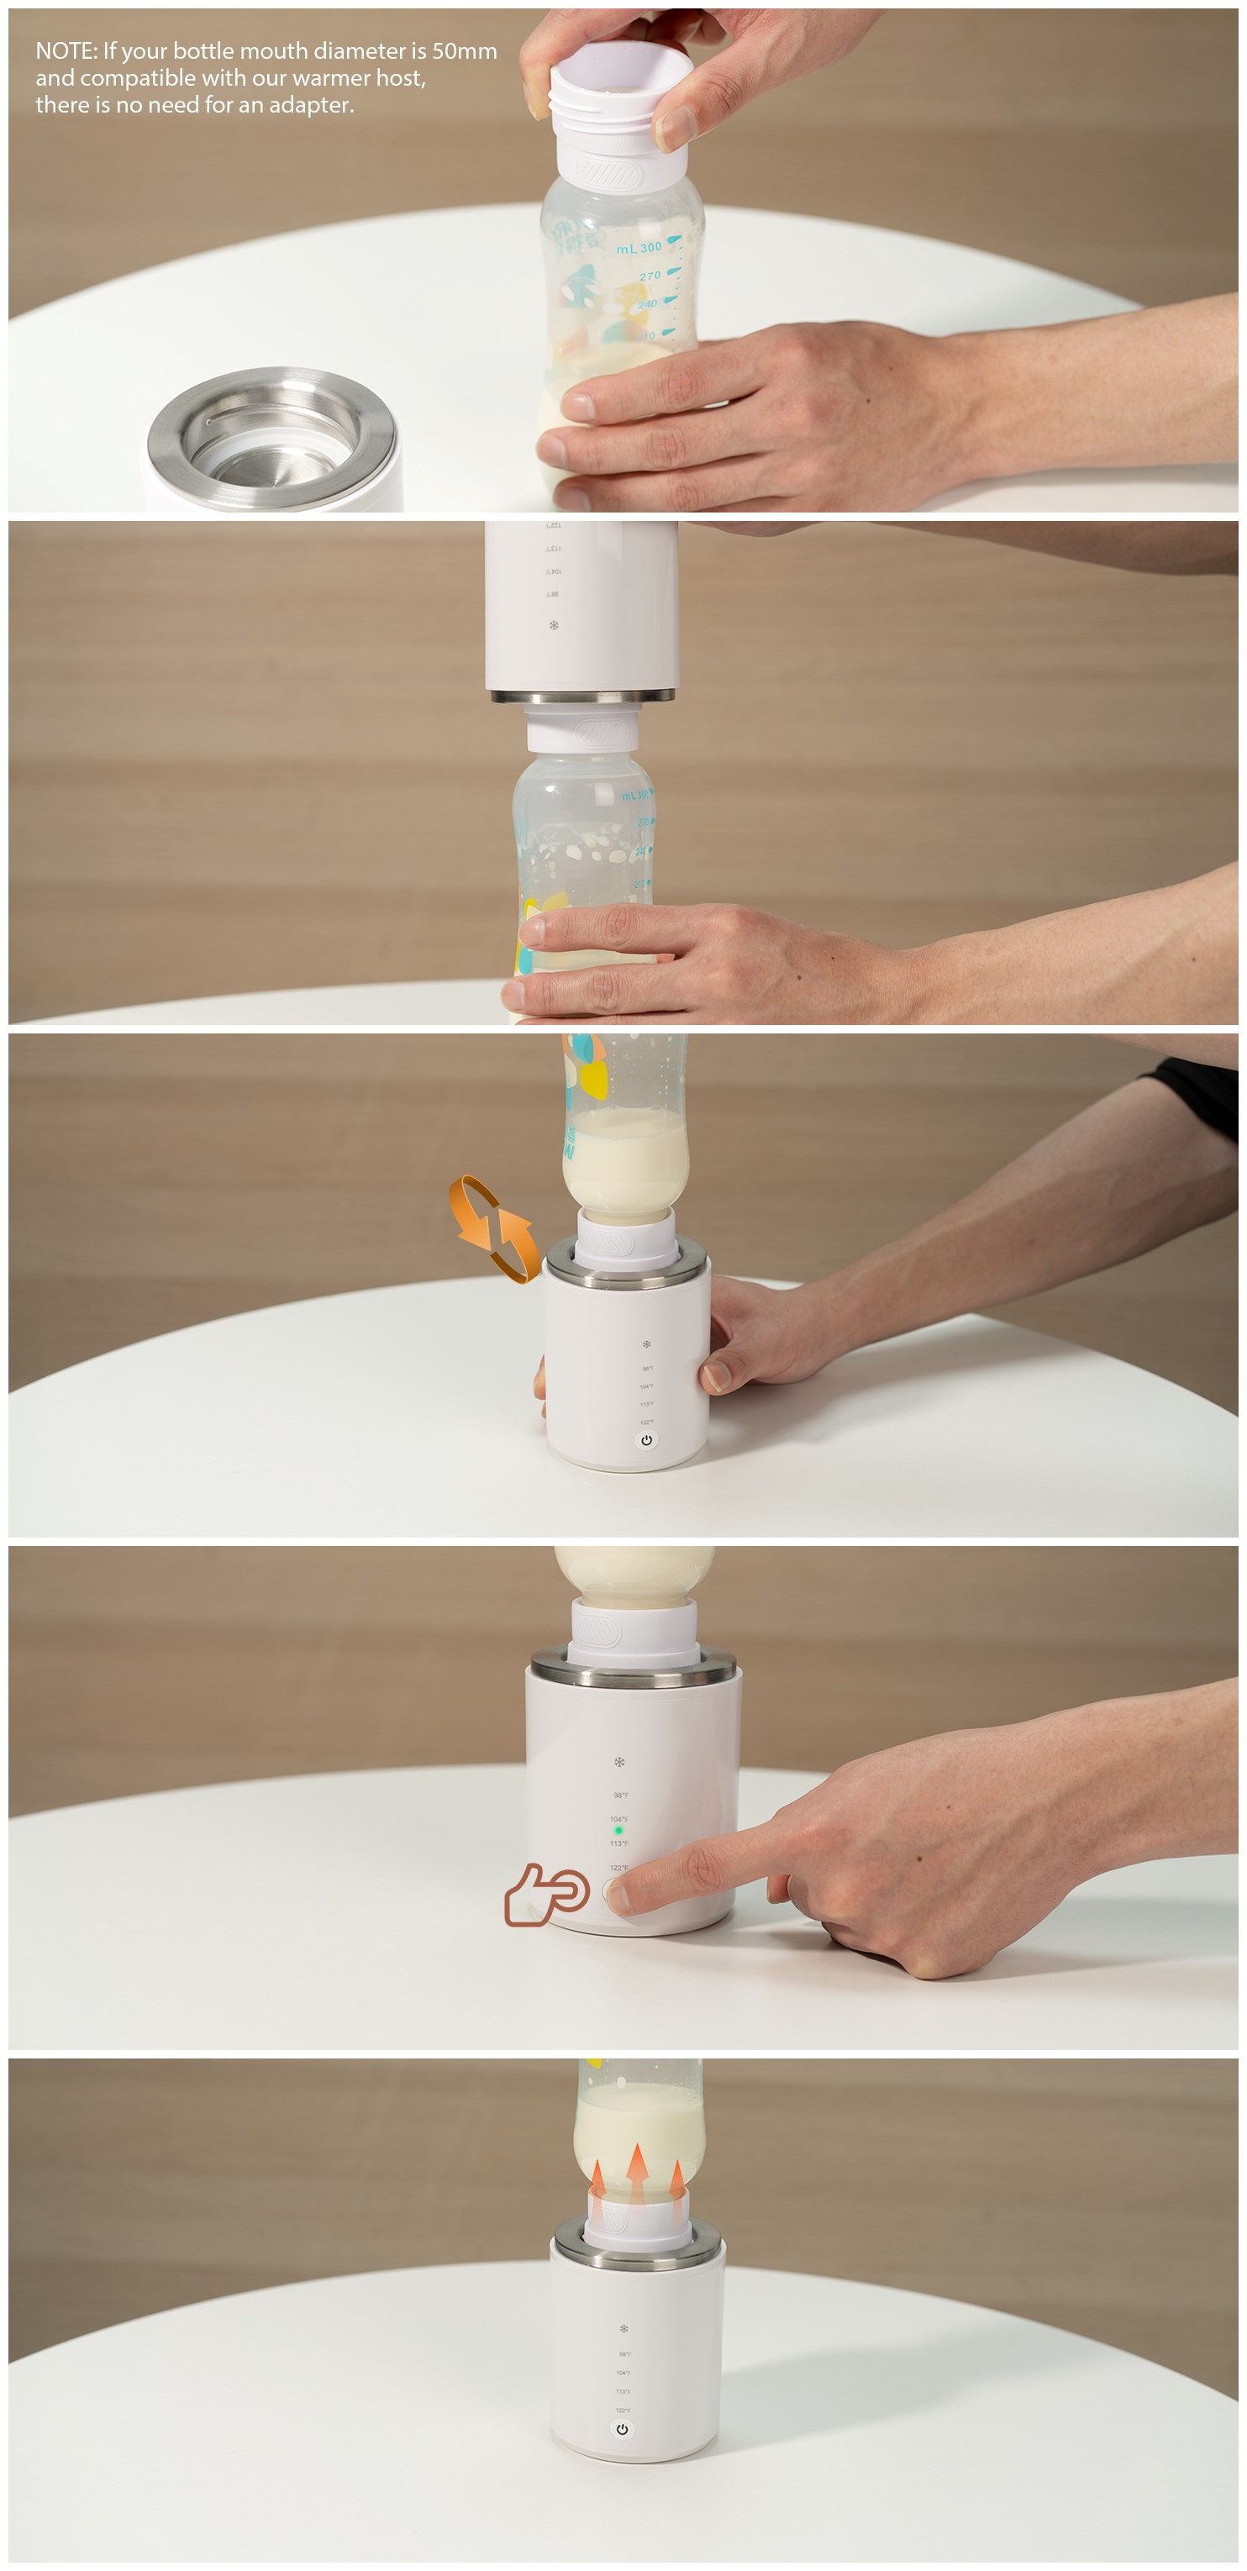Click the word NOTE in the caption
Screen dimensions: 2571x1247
(x=65, y=51)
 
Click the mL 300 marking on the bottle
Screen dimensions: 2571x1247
(x=639, y=248)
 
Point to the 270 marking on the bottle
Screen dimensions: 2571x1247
(x=650, y=276)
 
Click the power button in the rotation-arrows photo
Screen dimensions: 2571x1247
(x=646, y=1440)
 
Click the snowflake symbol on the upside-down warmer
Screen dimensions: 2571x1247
(x=554, y=626)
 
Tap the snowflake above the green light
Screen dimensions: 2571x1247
(x=619, y=1763)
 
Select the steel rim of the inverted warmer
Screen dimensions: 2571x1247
(x=582, y=696)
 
